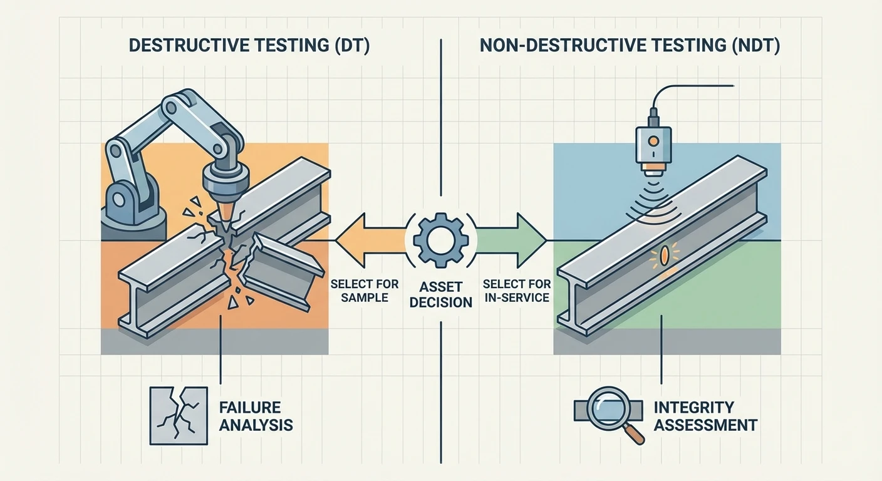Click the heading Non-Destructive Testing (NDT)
(x=629, y=48)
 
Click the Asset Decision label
(x=440, y=295)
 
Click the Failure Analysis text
(x=256, y=416)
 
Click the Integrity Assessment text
(x=705, y=416)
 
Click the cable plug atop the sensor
(x=653, y=116)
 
